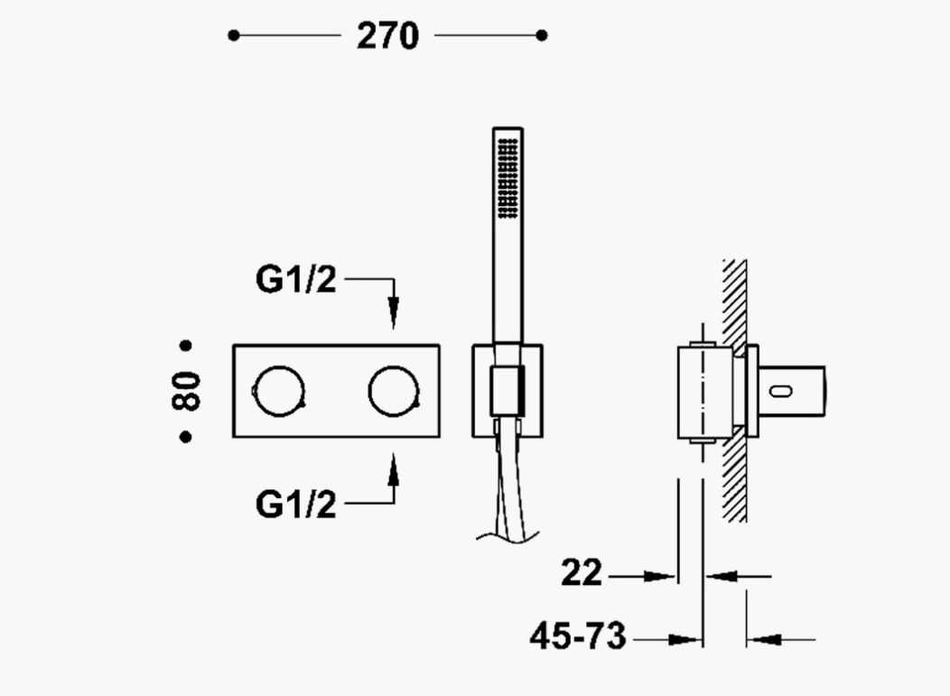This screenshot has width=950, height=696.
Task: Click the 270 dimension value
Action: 387,36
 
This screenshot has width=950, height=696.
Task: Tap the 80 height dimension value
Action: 186,391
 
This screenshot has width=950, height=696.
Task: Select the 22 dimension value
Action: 582,572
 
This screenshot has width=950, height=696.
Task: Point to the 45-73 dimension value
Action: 577,636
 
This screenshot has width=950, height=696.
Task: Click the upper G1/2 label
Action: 295,279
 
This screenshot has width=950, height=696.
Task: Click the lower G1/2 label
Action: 295,504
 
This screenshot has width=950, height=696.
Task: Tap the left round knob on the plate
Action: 279,391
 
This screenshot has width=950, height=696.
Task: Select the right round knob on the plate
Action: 394,391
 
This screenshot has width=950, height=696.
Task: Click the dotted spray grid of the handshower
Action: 508,178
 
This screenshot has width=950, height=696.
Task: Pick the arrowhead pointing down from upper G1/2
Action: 394,312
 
